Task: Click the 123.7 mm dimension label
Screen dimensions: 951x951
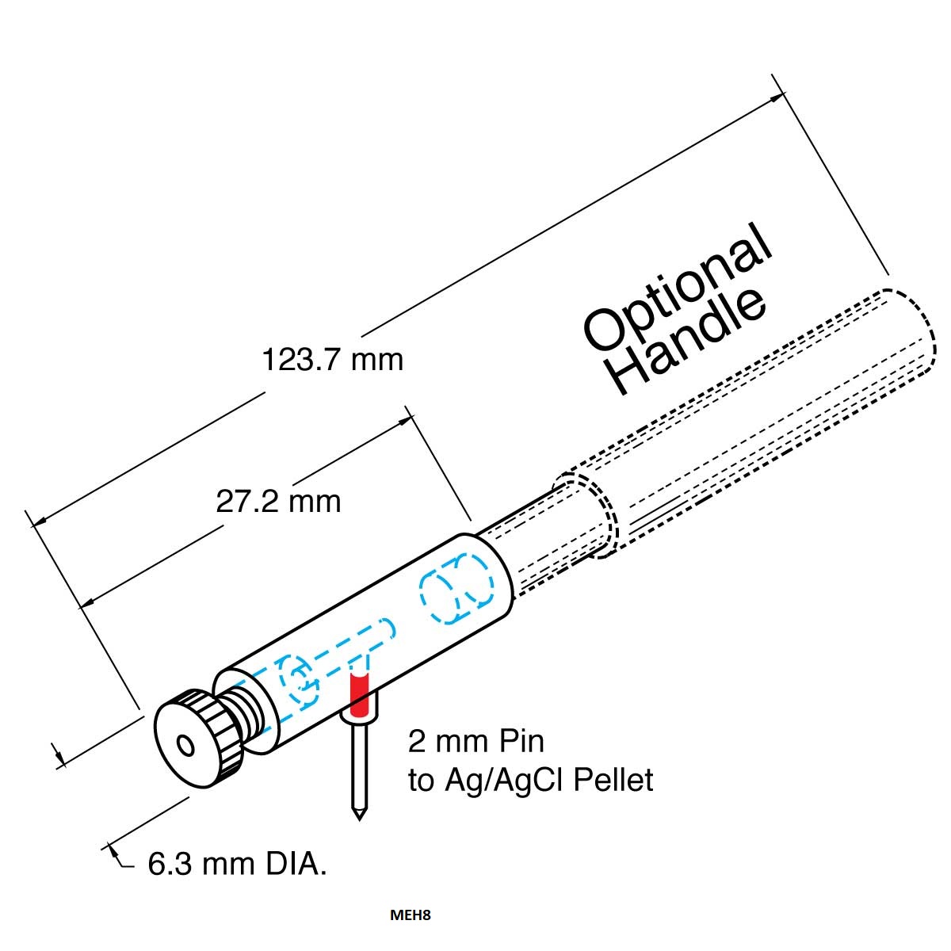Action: [332, 360]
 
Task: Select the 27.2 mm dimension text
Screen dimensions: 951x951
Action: [278, 502]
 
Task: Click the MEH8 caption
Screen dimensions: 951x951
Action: [410, 915]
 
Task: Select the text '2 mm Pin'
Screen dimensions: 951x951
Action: [475, 741]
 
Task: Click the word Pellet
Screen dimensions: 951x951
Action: [613, 780]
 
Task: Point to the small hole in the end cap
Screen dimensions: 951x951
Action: [186, 747]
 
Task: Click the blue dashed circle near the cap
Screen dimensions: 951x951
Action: [299, 680]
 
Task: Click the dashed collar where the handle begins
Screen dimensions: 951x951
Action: [587, 516]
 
